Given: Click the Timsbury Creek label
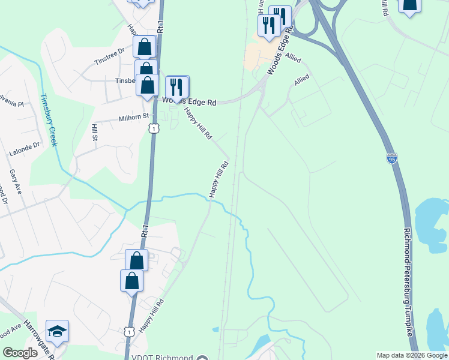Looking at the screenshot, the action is [x=48, y=120].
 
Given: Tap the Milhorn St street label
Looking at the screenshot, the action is [x=133, y=119].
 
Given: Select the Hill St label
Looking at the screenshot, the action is [x=95, y=133].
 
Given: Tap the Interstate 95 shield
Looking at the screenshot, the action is [x=391, y=158].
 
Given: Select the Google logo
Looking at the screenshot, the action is [x=20, y=353].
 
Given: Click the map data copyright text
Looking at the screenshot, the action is [x=411, y=355].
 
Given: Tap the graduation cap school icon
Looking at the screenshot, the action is [x=57, y=331].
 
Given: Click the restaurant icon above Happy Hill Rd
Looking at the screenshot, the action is [x=176, y=86].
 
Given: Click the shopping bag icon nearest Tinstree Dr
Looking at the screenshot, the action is [x=145, y=46].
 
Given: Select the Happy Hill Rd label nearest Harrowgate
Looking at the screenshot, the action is [x=151, y=317].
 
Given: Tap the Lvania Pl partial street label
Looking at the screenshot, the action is [x=12, y=104].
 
